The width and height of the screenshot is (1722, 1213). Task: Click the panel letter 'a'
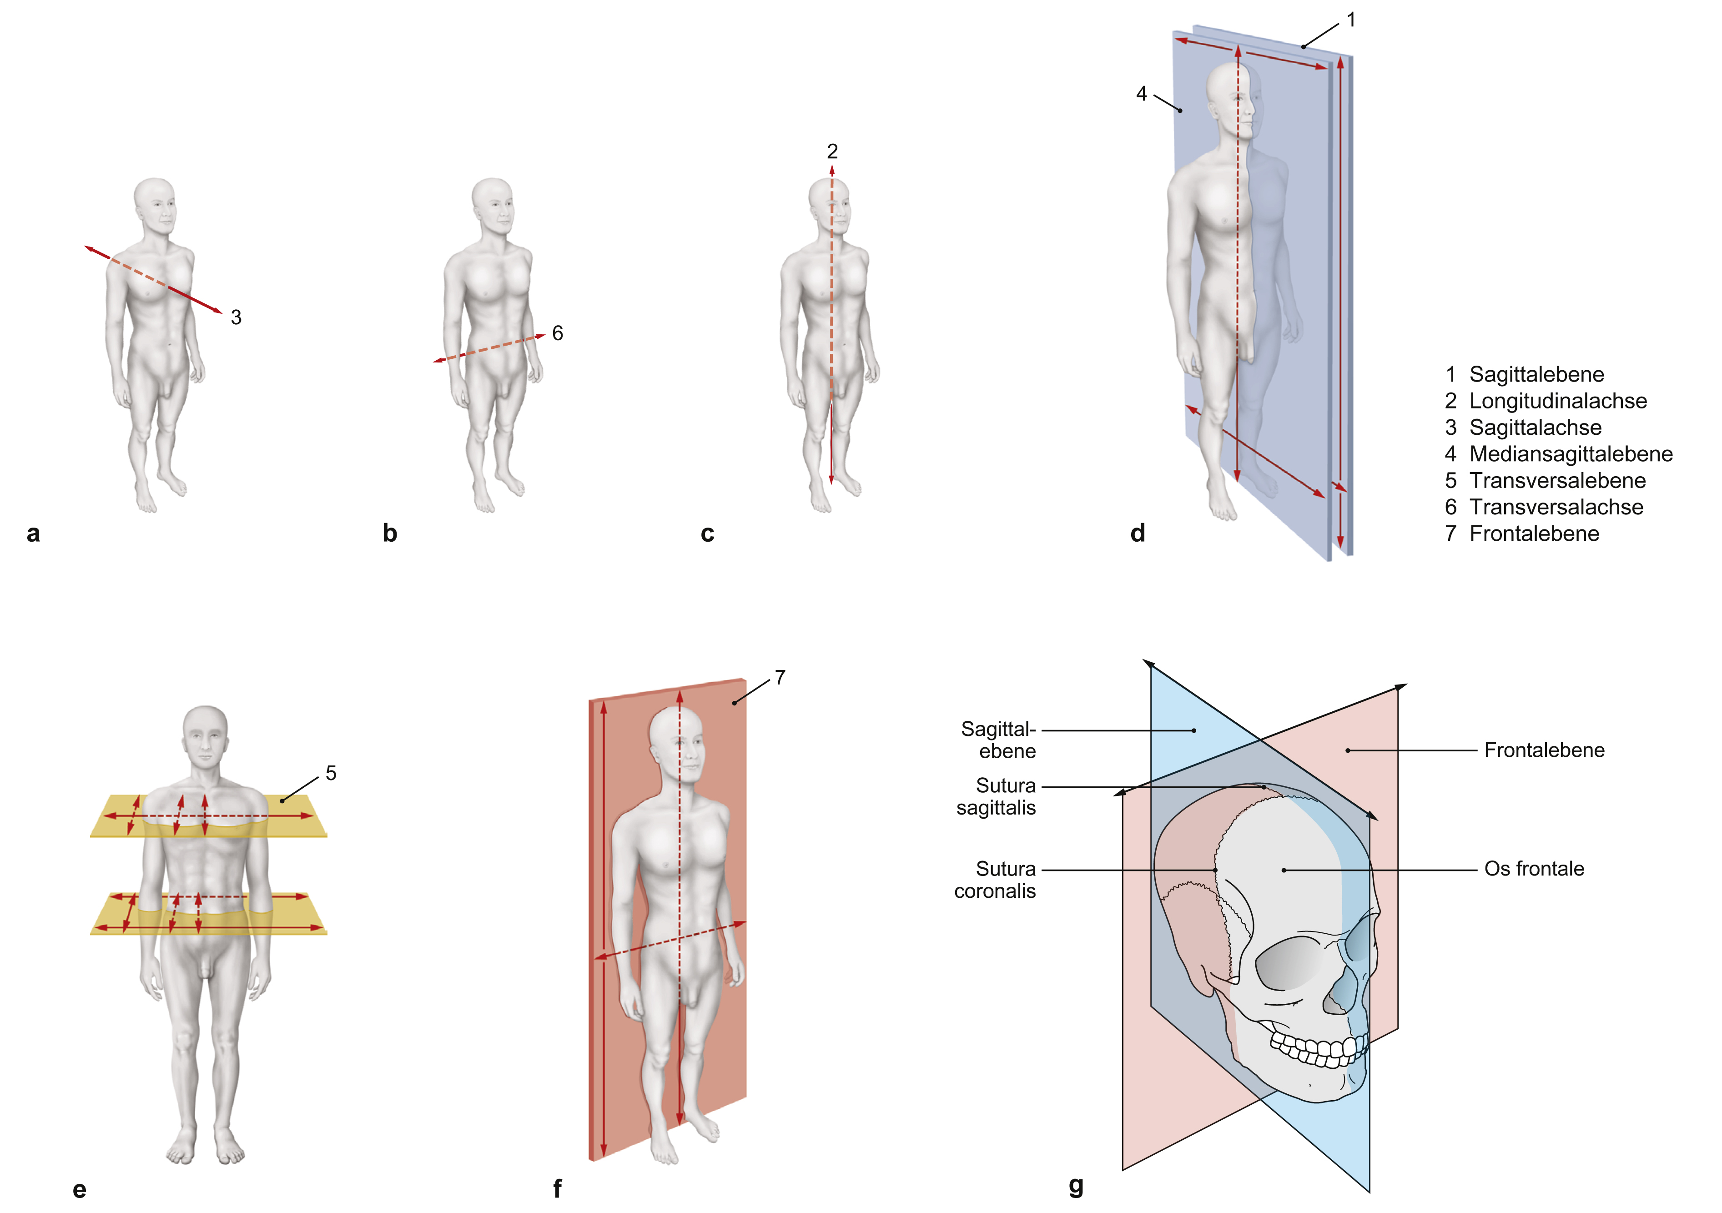[x=33, y=534]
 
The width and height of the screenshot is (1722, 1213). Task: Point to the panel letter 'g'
[x=1076, y=1185]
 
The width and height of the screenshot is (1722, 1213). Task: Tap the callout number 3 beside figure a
[x=236, y=317]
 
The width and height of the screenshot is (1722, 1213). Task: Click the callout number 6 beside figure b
[x=557, y=333]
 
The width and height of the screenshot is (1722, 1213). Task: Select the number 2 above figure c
[x=832, y=151]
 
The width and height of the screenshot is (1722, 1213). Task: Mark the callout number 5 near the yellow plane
[x=331, y=773]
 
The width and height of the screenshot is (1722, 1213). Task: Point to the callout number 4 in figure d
[x=1142, y=94]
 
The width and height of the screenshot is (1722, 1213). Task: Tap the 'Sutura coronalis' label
[x=995, y=881]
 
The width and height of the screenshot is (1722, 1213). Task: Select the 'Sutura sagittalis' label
[x=996, y=797]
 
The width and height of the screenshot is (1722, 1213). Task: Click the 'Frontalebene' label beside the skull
[x=1544, y=750]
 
